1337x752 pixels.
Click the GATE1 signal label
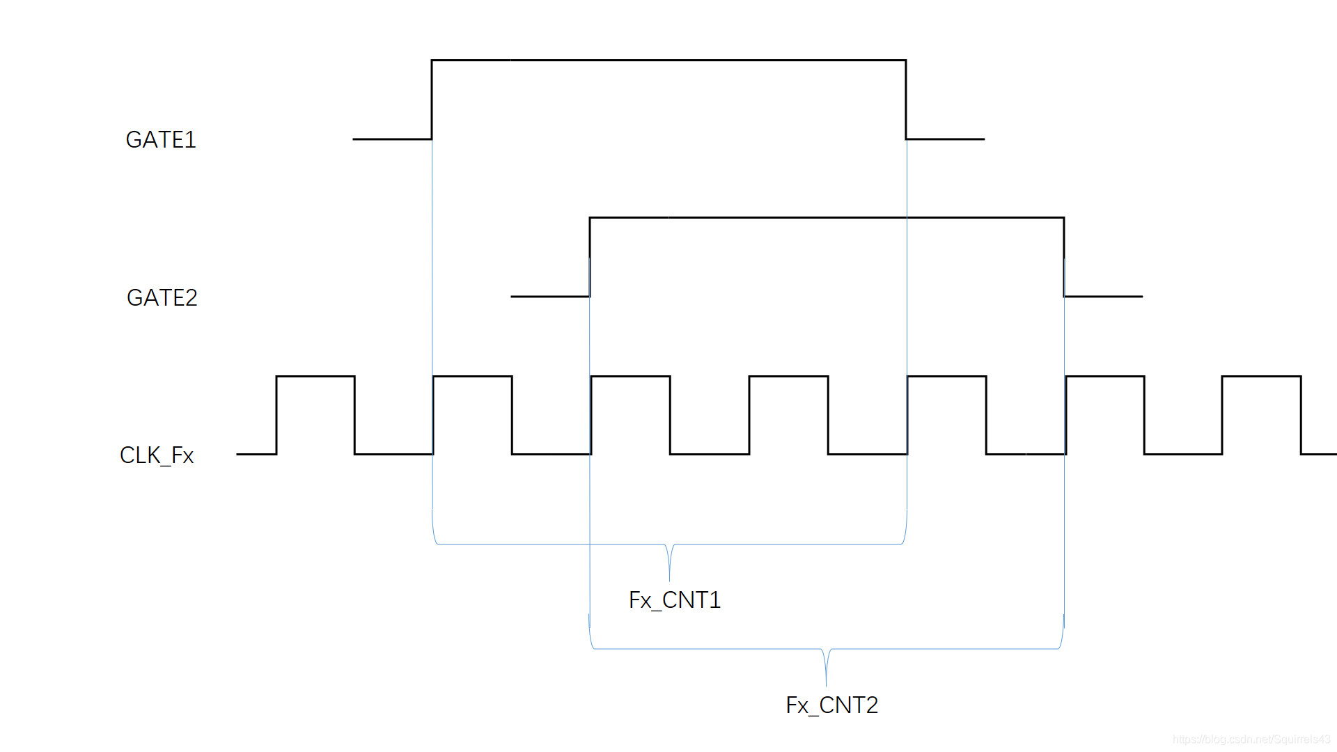pyautogui.click(x=161, y=140)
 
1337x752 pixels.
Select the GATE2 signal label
pyautogui.click(x=162, y=298)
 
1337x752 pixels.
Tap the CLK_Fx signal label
pyautogui.click(x=157, y=455)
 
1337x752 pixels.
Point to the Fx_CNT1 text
pyautogui.click(x=674, y=600)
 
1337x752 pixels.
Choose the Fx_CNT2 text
pyautogui.click(x=831, y=705)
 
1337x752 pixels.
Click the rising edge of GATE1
pyautogui.click(x=432, y=100)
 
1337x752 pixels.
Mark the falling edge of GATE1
pyautogui.click(x=906, y=100)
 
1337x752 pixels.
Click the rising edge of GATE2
pyautogui.click(x=590, y=257)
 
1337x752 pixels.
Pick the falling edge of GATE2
pyautogui.click(x=1064, y=257)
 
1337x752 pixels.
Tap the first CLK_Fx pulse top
pyautogui.click(x=315, y=377)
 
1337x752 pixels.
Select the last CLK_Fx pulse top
pyautogui.click(x=1261, y=377)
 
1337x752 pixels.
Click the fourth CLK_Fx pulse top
pyautogui.click(x=788, y=377)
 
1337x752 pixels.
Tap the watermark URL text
pyautogui.click(x=1251, y=739)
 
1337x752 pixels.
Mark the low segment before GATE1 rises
pyautogui.click(x=392, y=139)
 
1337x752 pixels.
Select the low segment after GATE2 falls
pyautogui.click(x=1104, y=297)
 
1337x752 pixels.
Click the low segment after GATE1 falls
pyautogui.click(x=946, y=139)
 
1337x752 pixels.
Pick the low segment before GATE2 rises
pyautogui.click(x=550, y=297)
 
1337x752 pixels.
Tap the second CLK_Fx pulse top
pyautogui.click(x=473, y=377)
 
